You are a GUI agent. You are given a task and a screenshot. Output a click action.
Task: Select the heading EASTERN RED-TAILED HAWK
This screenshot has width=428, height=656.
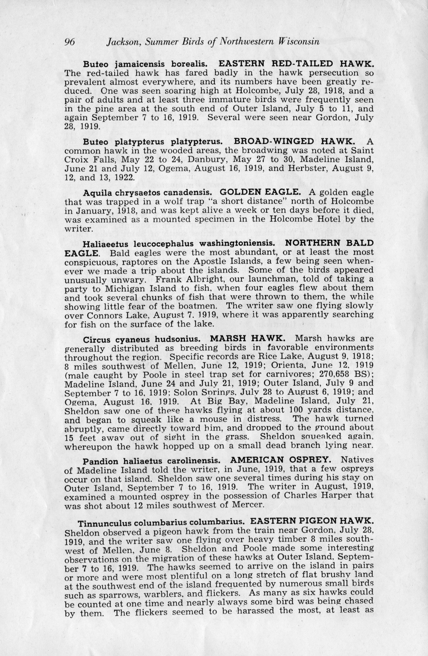[296, 64]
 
